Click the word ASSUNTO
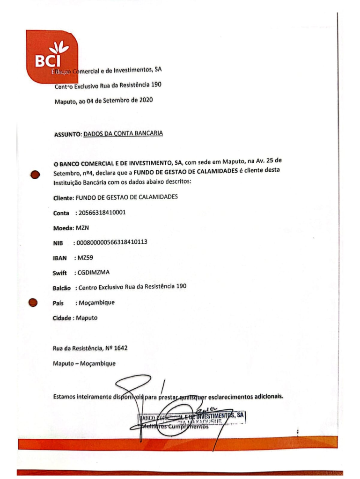67,135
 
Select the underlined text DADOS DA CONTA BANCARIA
123,134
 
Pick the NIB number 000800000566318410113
111,242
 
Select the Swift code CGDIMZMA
93,272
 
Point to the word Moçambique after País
96,302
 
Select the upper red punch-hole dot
34,175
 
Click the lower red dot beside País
33,303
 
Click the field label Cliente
64,198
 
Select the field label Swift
60,273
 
